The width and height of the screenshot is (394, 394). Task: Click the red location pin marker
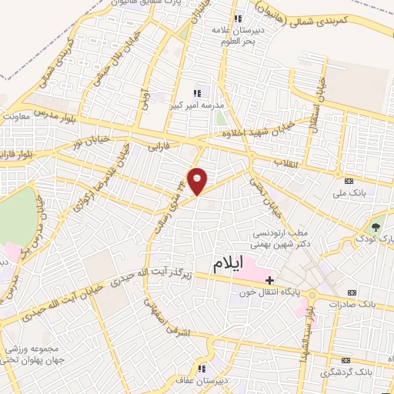click(x=198, y=180)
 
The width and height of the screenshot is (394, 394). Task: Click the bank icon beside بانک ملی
click(x=349, y=180)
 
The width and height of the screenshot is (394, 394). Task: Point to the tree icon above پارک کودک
click(x=376, y=227)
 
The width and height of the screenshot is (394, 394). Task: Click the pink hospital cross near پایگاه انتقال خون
click(x=269, y=279)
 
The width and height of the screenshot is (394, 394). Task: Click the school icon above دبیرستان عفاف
click(x=202, y=366)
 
